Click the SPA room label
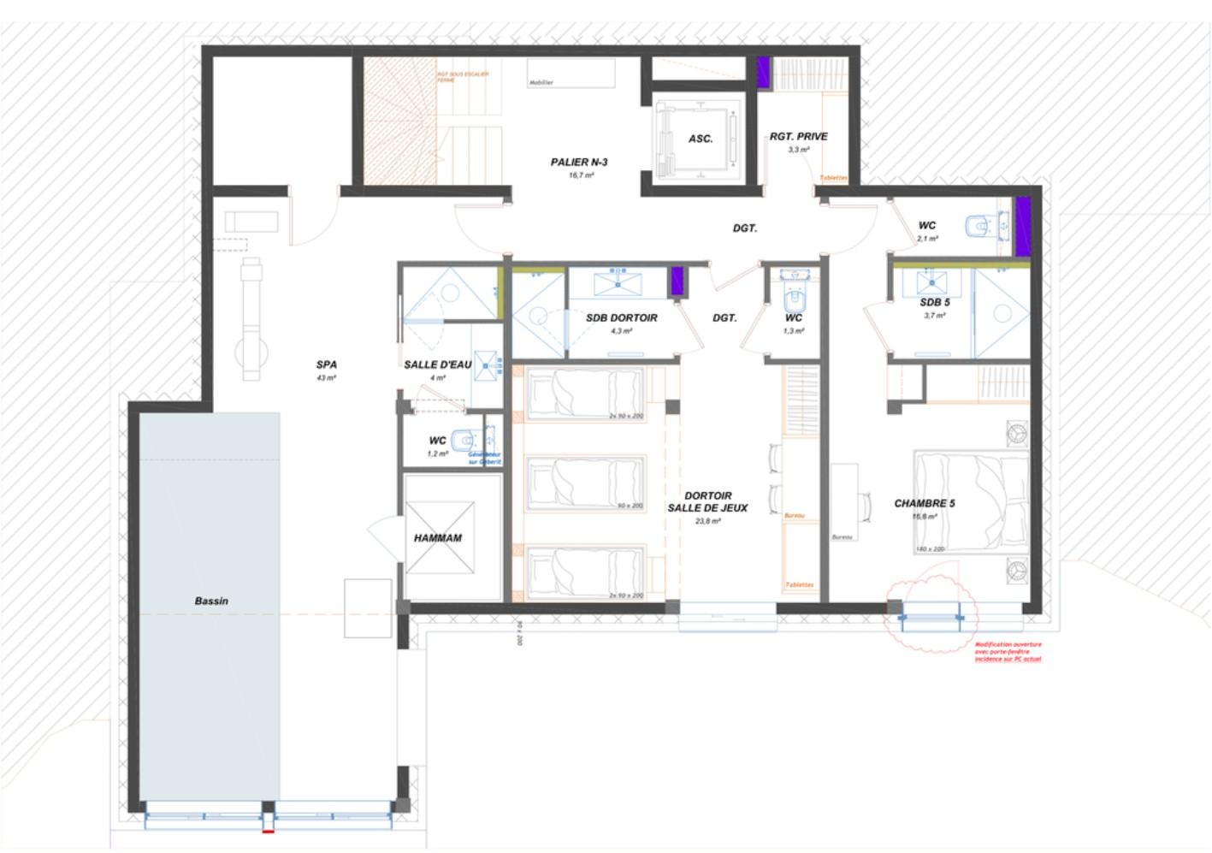(326, 364)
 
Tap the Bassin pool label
(211, 601)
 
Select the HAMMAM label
(438, 538)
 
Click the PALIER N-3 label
(579, 162)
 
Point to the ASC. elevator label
(701, 139)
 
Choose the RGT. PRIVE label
(798, 136)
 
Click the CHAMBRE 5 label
(924, 503)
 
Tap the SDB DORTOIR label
(622, 317)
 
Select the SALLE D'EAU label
(438, 364)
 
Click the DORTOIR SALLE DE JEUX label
(707, 501)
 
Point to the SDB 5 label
(935, 302)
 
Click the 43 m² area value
(326, 377)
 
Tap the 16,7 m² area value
(581, 175)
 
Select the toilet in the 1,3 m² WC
(795, 299)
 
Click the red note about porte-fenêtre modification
(1008, 652)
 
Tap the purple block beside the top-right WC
(1022, 226)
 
